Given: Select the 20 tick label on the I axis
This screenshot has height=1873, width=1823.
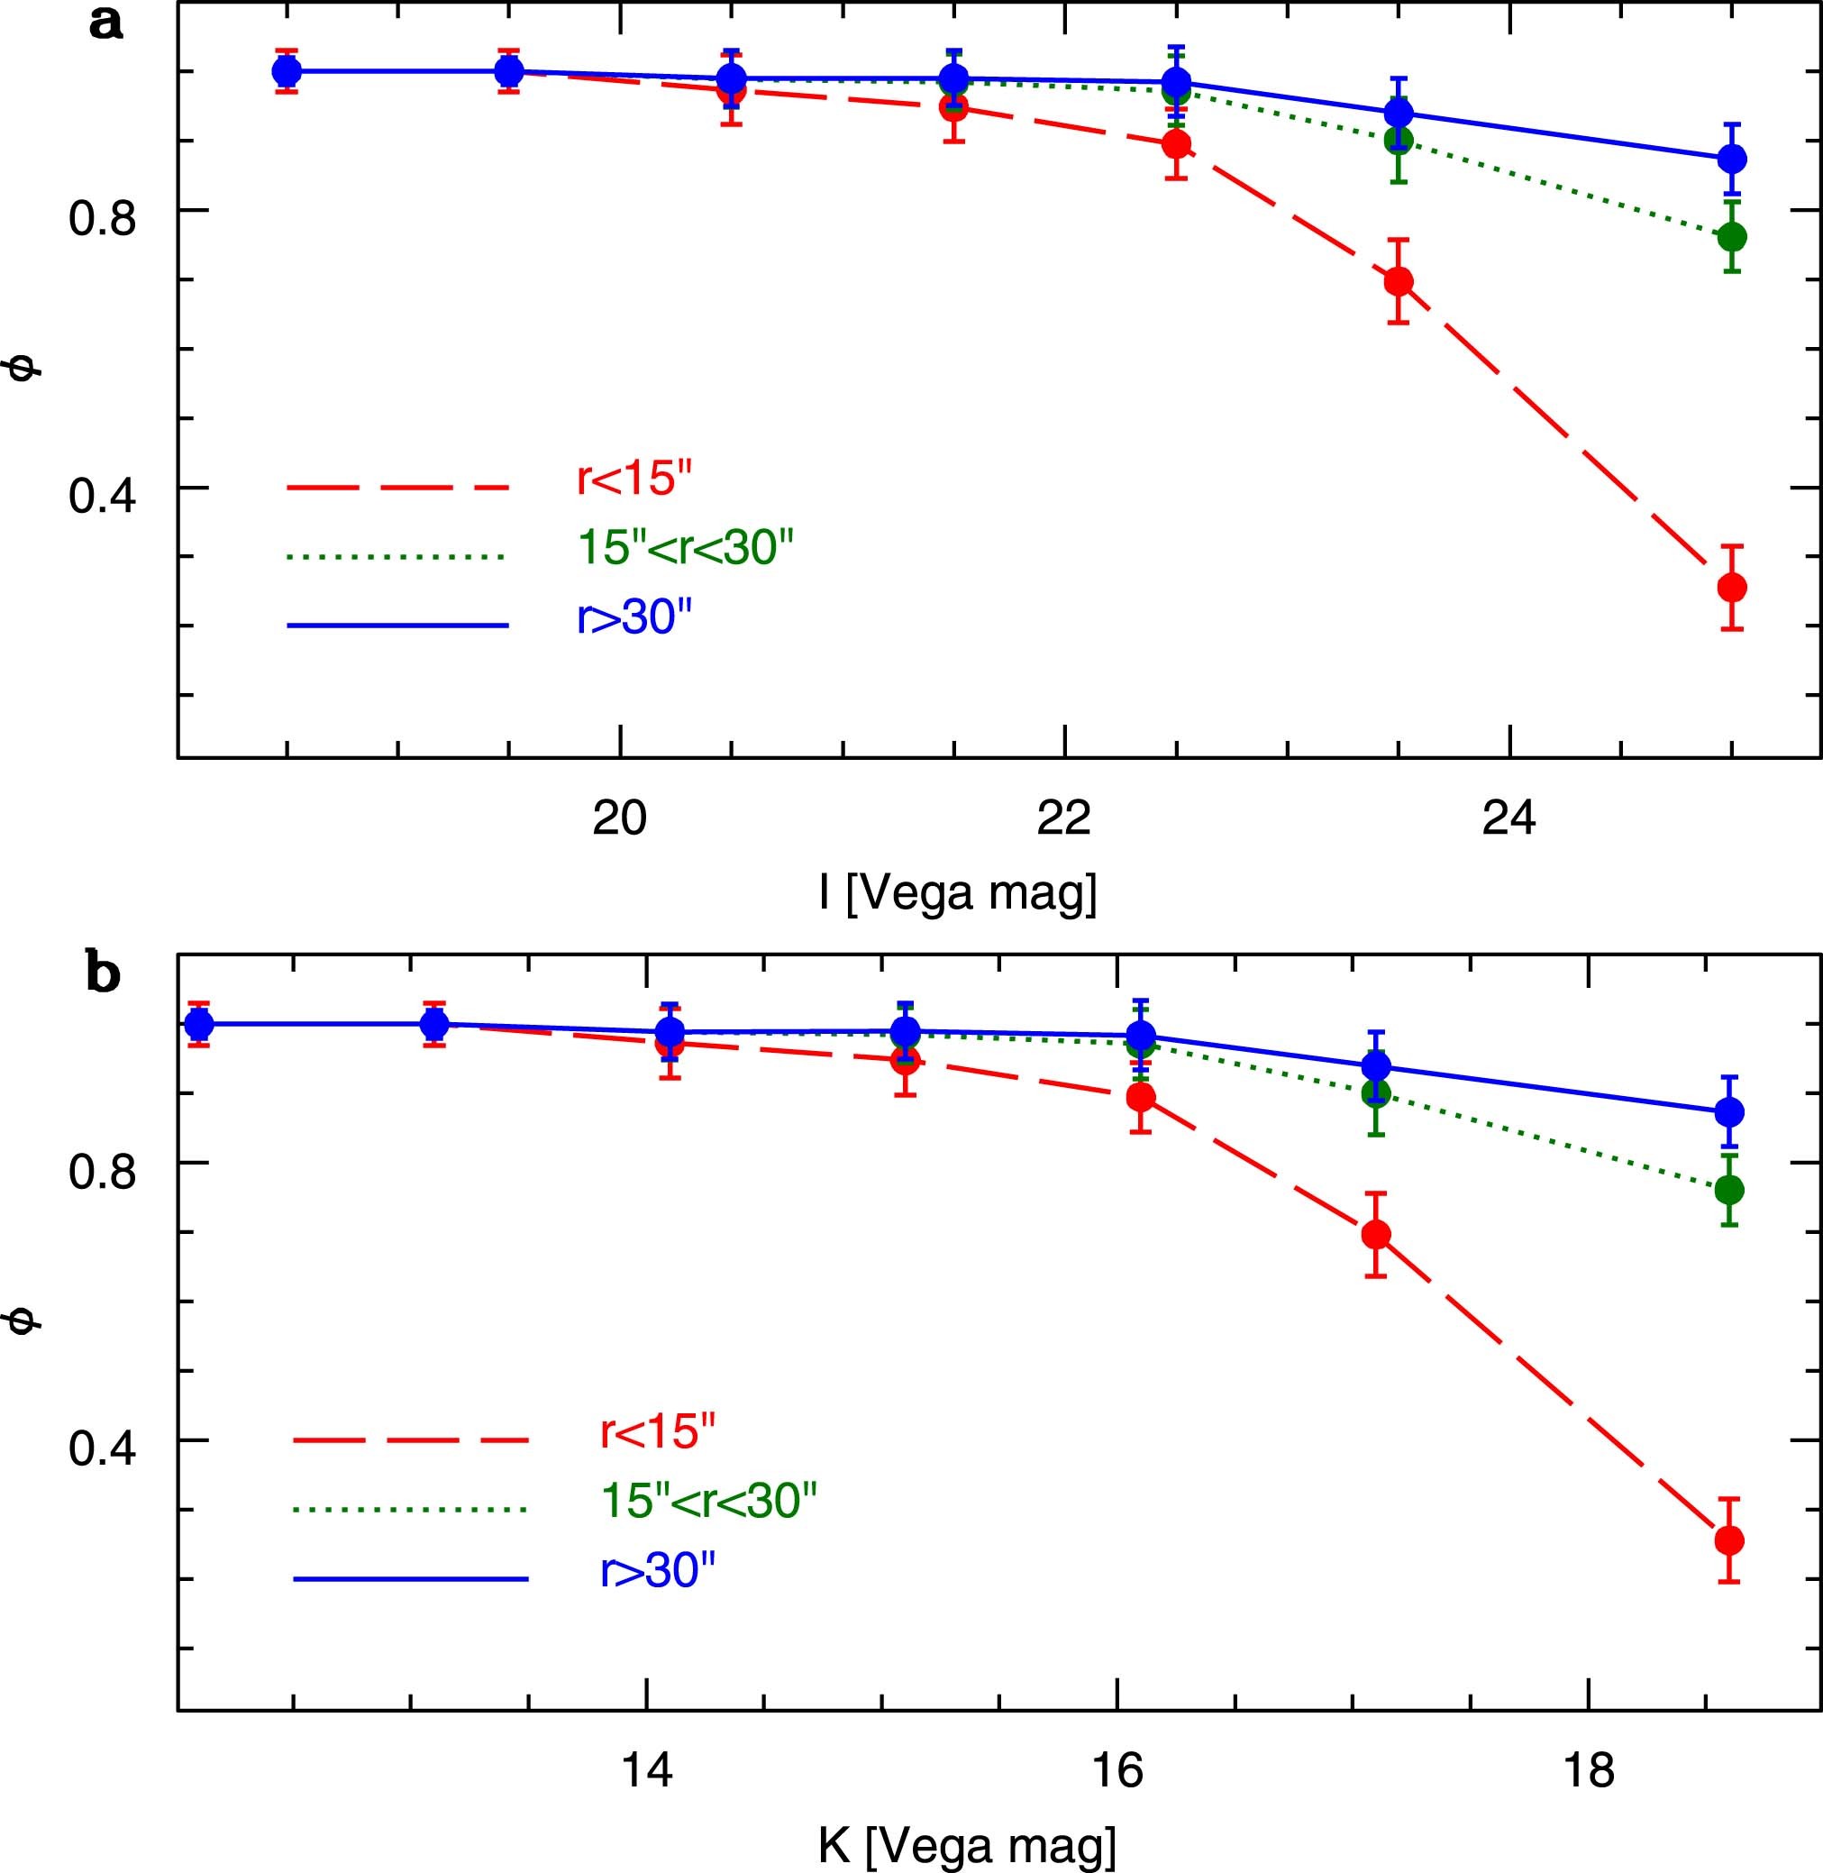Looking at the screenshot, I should point(619,818).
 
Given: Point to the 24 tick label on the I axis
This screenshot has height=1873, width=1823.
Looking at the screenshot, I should point(1509,818).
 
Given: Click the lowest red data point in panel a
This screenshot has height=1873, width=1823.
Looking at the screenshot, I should point(1731,587).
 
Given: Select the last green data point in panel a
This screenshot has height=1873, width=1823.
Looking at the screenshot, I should point(1731,236).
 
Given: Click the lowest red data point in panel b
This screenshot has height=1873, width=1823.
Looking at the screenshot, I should point(1728,1540).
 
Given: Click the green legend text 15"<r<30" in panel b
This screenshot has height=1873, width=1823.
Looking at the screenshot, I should point(709,1501).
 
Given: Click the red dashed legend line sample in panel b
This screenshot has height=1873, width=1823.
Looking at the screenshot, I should point(410,1439).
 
